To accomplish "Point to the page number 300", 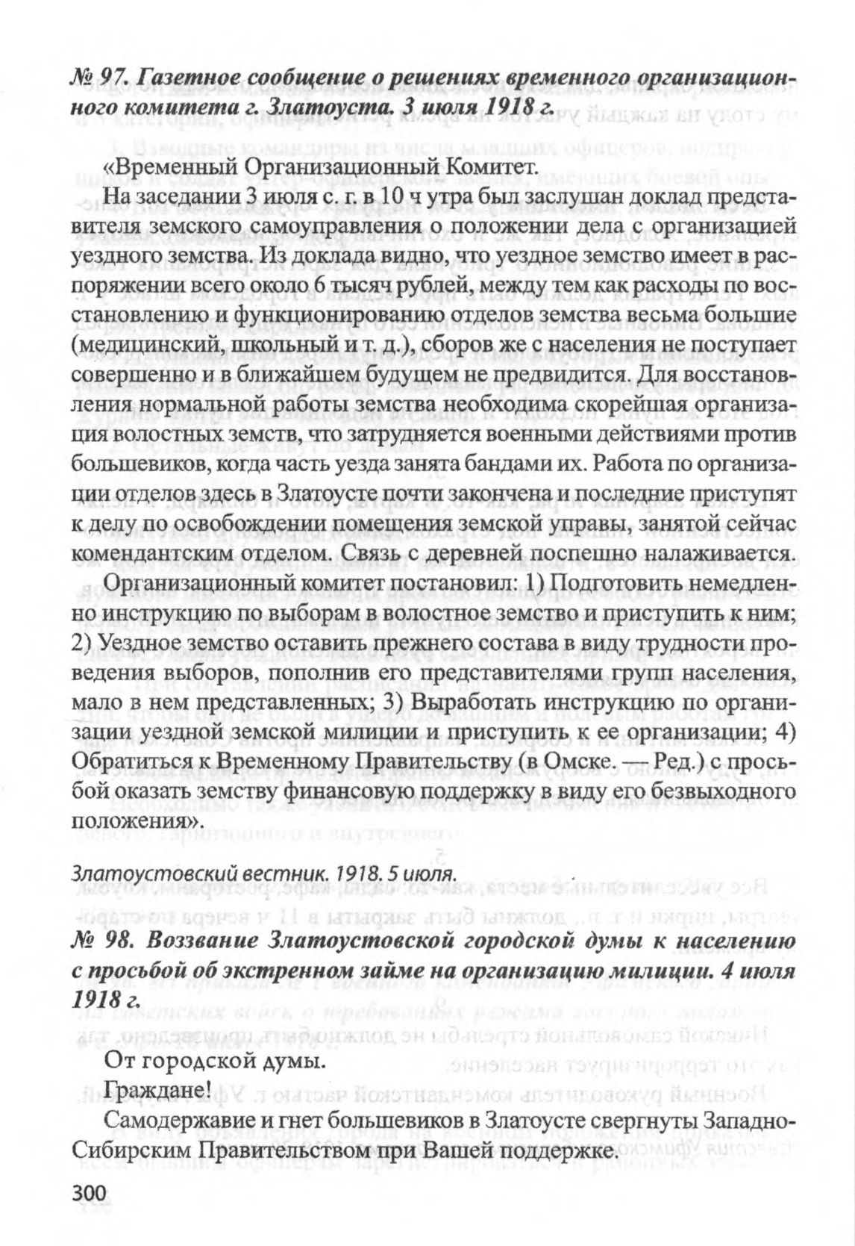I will [x=90, y=1192].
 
